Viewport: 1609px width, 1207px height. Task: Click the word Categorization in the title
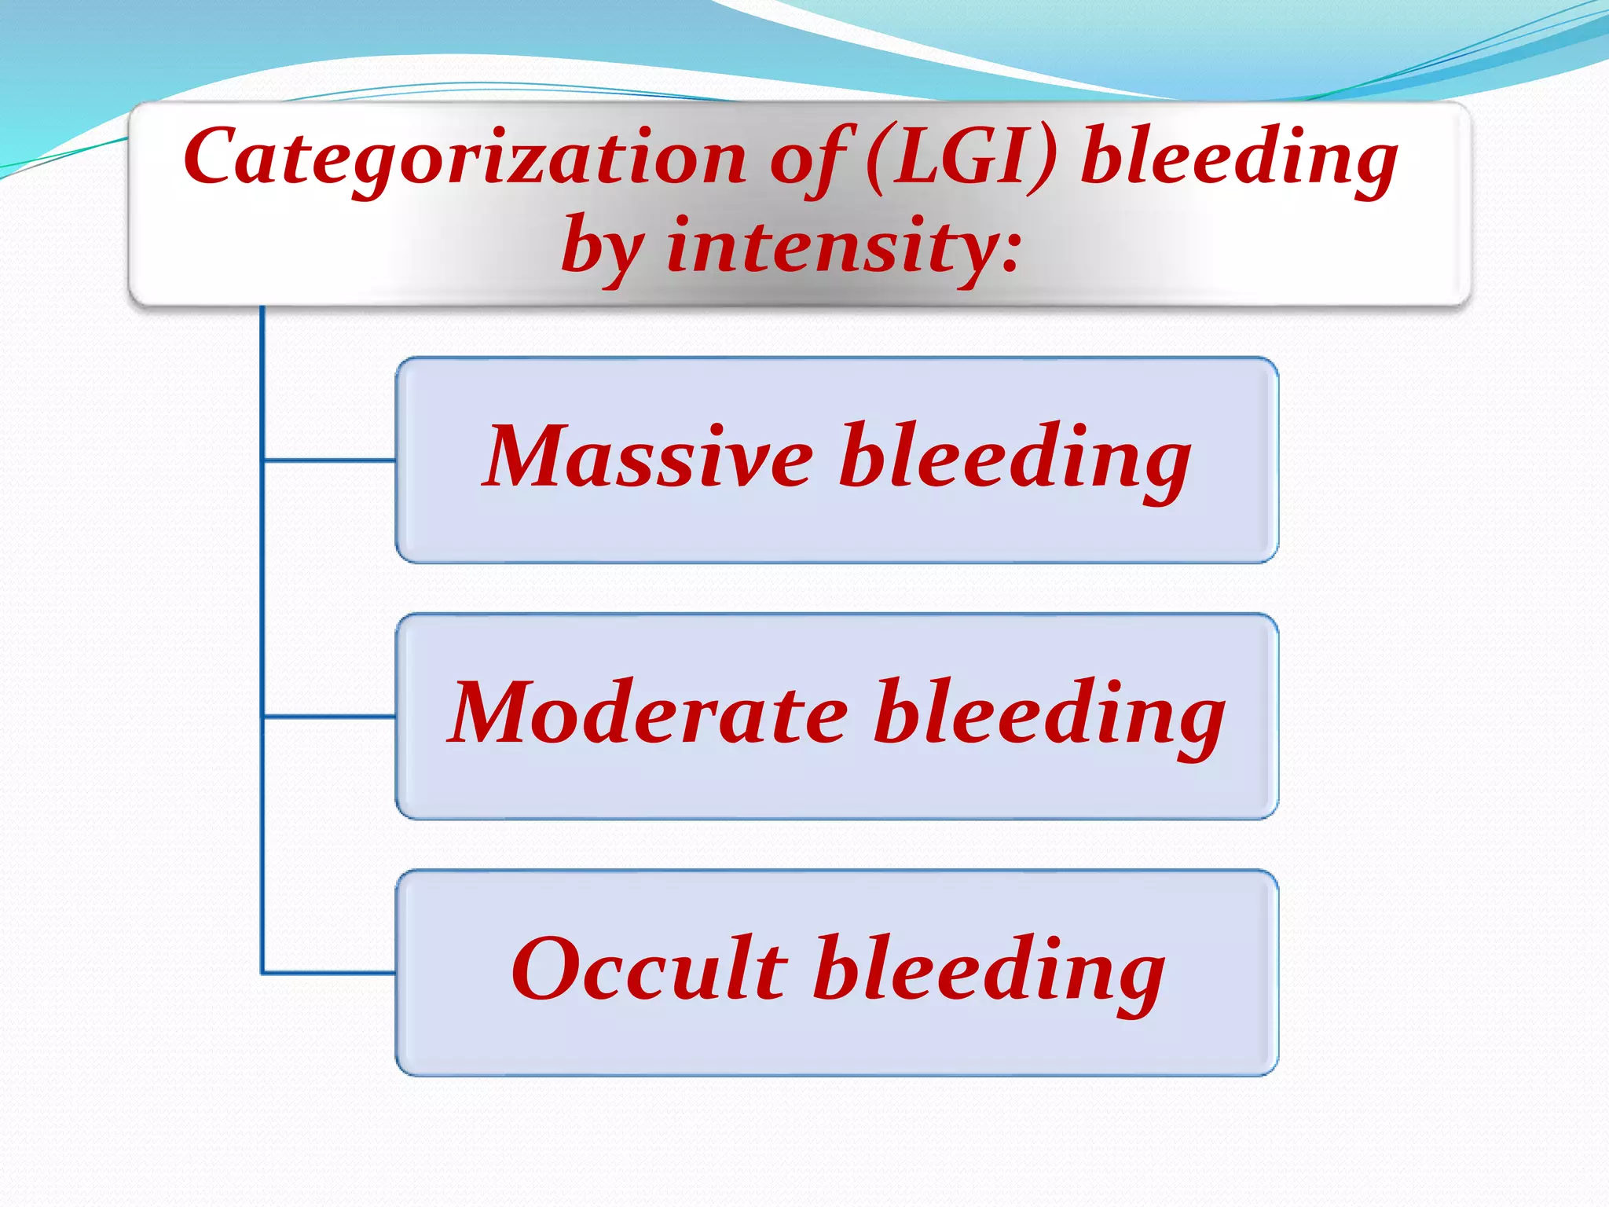[464, 159]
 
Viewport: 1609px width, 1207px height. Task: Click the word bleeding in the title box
[1239, 159]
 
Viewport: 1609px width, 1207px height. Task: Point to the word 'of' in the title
[809, 159]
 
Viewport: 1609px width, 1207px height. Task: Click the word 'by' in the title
[601, 246]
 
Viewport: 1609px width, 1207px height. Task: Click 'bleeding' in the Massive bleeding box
[1014, 459]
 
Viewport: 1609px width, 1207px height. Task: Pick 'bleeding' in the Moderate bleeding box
[1050, 715]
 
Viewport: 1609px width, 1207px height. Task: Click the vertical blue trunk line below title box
[262, 589]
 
